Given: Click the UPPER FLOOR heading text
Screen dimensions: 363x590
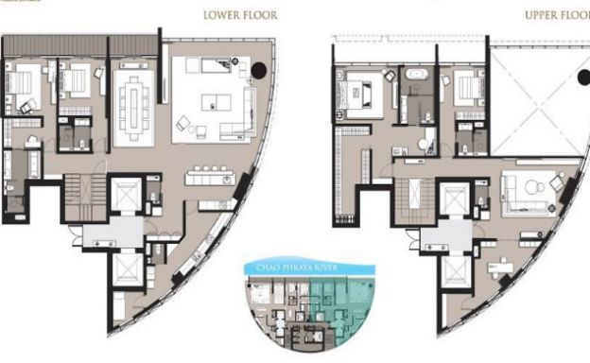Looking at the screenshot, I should pos(556,15).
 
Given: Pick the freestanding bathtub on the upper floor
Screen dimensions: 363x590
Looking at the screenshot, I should pos(417,74).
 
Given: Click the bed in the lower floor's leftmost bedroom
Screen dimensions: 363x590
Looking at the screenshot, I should pos(21,87).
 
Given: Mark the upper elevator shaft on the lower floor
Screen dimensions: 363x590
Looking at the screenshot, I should pos(125,196).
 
